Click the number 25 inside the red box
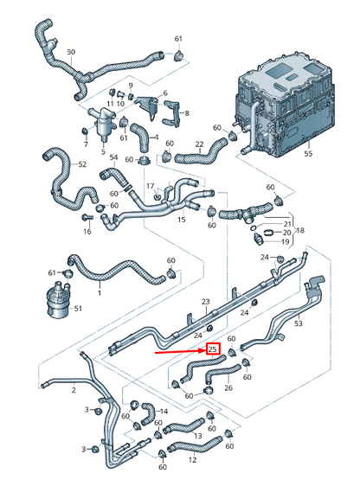pos(213,349)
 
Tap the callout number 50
pos(70,53)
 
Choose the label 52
pos(82,164)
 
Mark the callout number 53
pos(299,324)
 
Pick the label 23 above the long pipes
pos(206,302)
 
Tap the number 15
pos(182,220)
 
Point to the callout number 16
pos(87,232)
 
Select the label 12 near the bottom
pos(191,459)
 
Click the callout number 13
pos(197,437)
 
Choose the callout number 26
pos(228,388)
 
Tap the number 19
pos(287,243)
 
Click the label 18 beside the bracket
pos(299,232)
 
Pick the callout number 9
pos(130,86)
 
